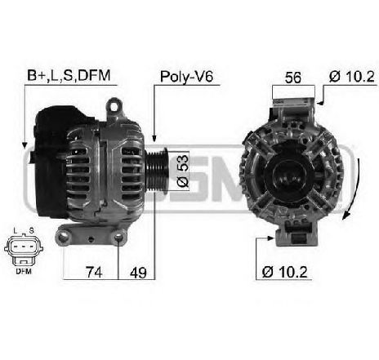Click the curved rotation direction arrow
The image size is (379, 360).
point(350,196)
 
